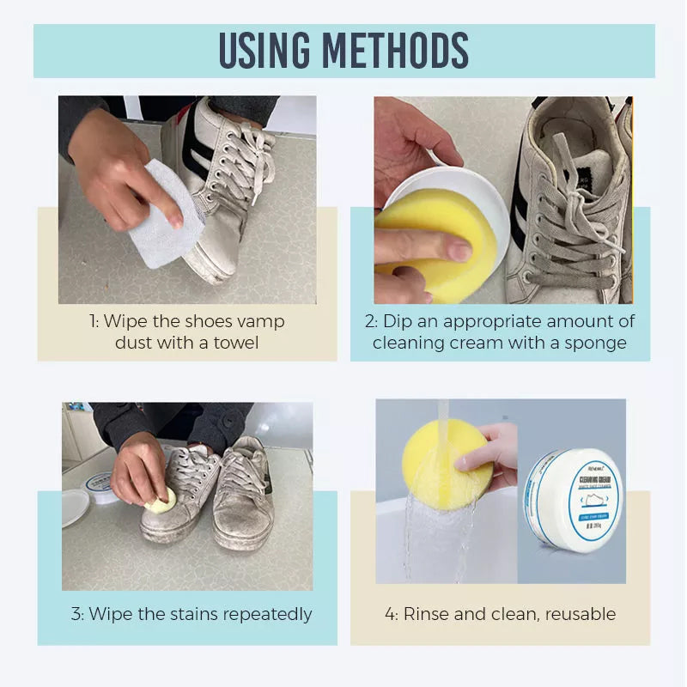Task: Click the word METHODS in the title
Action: point(401,52)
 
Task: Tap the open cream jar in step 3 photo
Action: point(100,486)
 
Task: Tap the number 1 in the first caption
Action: point(92,321)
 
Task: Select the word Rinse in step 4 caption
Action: point(428,614)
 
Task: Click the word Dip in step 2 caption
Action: point(398,321)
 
